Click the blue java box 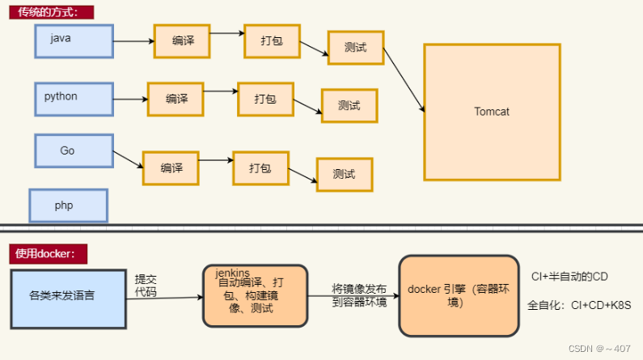point(74,40)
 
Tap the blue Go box point(74,151)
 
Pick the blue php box point(68,205)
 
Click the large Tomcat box point(492,112)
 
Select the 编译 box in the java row point(182,40)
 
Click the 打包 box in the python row point(265,99)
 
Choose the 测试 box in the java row point(355,48)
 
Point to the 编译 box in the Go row point(171,167)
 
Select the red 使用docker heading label point(47,253)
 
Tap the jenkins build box point(255,295)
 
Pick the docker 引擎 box point(459,295)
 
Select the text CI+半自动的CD point(569,277)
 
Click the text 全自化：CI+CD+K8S point(578,305)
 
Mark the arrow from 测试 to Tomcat point(404,79)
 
